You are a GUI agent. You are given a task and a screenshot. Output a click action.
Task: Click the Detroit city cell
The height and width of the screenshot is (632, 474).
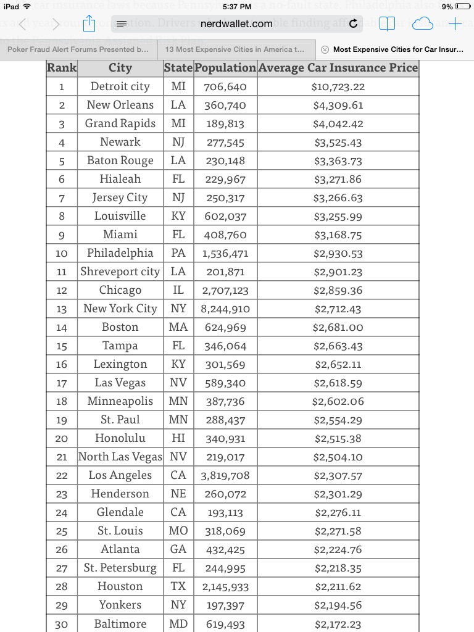point(120,86)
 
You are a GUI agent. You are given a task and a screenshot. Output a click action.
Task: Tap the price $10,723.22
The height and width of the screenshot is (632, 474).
point(338,87)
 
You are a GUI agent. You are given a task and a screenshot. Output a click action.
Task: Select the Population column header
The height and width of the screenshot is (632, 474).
point(225,68)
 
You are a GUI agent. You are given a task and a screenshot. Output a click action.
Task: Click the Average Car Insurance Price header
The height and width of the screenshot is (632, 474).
point(338,68)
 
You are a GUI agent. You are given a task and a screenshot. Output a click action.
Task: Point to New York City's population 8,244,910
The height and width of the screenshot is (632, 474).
point(225,309)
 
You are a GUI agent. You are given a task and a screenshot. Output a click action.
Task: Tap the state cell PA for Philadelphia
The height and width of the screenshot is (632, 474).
point(178,253)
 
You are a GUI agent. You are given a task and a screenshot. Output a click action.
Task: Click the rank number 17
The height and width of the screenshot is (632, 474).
point(62,383)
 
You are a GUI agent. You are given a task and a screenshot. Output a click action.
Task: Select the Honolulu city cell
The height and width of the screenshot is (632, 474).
point(120,438)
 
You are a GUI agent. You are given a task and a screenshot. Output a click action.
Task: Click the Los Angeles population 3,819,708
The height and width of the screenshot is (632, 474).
point(225,476)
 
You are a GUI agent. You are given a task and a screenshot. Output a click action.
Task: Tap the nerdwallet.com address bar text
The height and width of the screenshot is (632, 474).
point(236,24)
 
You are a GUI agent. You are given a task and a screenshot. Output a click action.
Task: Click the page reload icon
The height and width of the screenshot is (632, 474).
point(353,24)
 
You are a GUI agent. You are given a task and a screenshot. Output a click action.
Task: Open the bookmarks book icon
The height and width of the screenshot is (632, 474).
point(387,24)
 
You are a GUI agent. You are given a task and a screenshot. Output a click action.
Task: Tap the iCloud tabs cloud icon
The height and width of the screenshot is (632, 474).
point(423,24)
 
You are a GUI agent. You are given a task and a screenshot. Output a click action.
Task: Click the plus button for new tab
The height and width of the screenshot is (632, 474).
point(455,24)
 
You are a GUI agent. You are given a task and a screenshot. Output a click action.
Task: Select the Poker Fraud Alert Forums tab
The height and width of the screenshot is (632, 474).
point(78,49)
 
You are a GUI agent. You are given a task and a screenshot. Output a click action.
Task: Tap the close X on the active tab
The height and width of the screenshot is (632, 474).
point(325,49)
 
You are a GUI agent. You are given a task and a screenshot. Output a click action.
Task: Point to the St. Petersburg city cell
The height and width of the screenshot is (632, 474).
point(120,568)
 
